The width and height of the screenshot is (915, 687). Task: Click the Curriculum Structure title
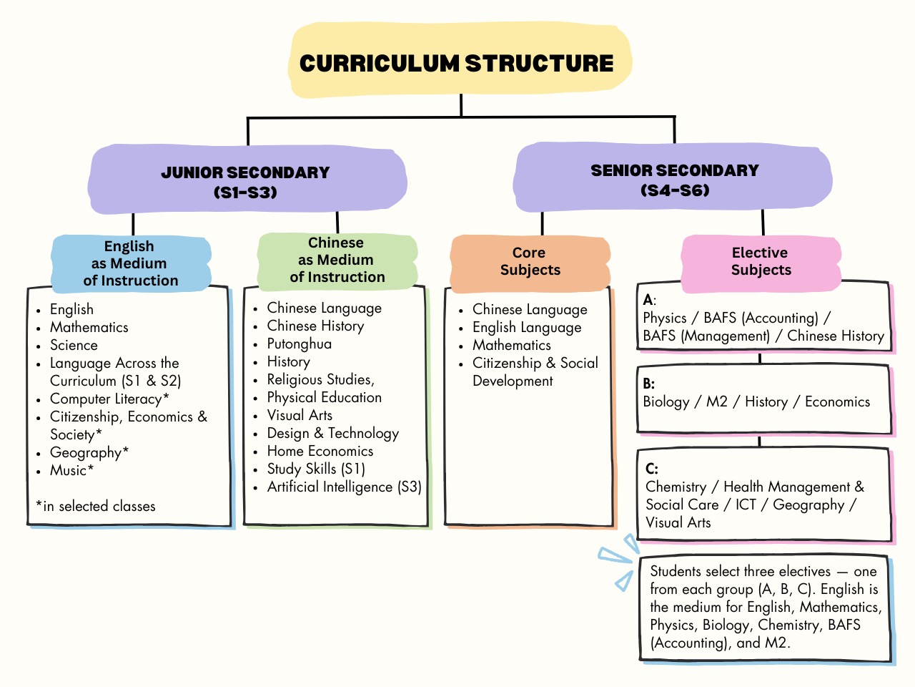point(457,63)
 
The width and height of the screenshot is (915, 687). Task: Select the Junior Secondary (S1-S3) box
point(245,182)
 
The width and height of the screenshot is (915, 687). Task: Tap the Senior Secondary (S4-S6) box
point(674,180)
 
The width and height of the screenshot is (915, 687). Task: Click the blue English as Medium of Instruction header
point(130,263)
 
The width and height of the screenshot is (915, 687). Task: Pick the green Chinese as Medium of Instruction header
point(337,260)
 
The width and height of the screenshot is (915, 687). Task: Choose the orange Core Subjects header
point(530,261)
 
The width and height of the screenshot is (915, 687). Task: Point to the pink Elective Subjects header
point(761,261)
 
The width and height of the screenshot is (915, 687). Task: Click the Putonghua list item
point(299,344)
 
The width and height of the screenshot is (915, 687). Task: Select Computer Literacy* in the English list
point(109,399)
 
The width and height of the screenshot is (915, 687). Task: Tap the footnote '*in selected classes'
point(96,507)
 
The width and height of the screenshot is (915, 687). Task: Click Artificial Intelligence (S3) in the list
point(344,487)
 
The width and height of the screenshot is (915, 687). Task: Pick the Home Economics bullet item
point(320,452)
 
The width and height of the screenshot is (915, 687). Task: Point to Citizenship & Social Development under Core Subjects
point(535,371)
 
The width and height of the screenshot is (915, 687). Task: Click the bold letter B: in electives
point(648,384)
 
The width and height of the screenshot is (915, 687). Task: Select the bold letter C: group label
point(651,469)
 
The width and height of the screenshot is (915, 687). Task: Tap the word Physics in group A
point(664,318)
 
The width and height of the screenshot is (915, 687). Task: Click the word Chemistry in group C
point(676,487)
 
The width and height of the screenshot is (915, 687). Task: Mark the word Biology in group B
point(666,402)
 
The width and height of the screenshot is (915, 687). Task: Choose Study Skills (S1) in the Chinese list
point(315,469)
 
